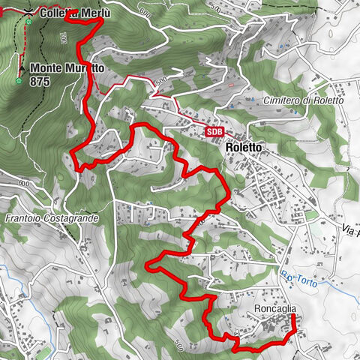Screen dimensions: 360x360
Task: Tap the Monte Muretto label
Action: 66,68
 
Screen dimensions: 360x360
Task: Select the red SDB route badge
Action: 215,131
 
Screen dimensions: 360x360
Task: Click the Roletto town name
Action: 244,148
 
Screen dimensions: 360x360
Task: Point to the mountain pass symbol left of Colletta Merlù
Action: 28,13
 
